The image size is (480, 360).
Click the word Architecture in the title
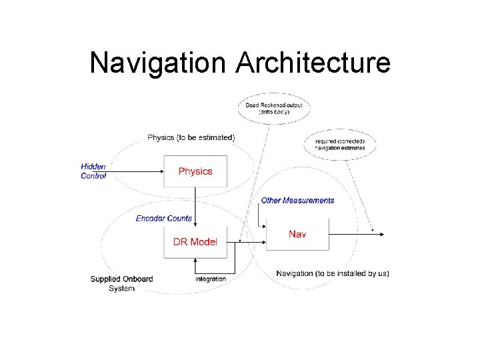tap(313, 63)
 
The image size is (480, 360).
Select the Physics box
tap(195, 171)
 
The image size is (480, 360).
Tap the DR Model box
tap(195, 242)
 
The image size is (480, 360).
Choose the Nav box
tap(297, 234)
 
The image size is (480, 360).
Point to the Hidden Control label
tap(93, 171)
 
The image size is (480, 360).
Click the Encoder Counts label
tap(164, 218)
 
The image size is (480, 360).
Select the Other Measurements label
tap(297, 200)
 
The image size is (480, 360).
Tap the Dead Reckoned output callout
tap(274, 109)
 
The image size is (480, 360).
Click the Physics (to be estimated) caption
tap(191, 137)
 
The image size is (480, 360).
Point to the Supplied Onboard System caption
tap(121, 283)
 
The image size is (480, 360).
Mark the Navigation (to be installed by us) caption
tap(333, 273)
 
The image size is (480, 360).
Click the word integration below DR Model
tap(211, 279)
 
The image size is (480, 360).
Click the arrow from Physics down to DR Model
tap(195, 207)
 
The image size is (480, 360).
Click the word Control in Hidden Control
tap(93, 176)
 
